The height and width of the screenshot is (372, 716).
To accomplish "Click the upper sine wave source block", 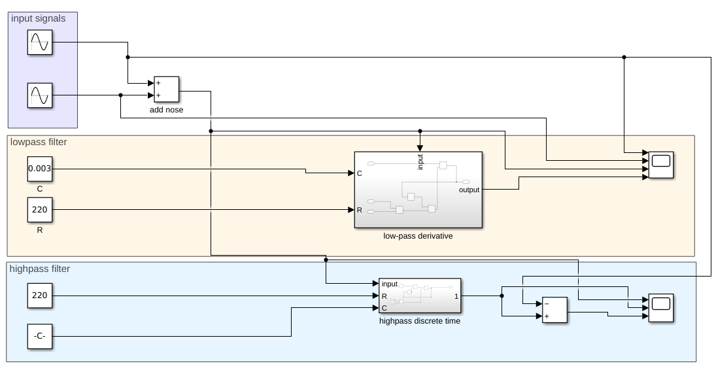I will pos(39,43).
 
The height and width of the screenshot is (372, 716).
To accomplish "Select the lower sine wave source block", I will pos(39,95).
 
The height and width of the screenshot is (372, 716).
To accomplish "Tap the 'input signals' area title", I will pos(39,18).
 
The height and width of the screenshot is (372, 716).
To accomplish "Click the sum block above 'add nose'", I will pos(165,90).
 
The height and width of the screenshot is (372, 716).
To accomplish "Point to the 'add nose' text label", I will pos(166,110).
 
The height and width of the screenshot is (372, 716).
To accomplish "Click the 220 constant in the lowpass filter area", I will pos(39,210).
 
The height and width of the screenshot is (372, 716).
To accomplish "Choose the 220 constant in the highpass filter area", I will pos(39,296).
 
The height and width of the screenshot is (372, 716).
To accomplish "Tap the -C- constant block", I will pos(39,337).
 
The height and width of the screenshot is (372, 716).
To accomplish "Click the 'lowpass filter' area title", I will pos(39,142).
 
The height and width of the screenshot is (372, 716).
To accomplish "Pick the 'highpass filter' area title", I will pos(40,268).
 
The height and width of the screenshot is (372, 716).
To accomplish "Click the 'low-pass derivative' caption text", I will pos(418,236).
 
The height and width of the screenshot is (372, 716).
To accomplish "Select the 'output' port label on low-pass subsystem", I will pos(468,190).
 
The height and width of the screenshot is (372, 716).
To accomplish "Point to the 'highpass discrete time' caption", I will pos(419,321).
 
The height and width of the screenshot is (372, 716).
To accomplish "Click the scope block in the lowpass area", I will pos(661,165).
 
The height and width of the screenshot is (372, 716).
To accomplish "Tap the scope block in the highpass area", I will pos(661,307).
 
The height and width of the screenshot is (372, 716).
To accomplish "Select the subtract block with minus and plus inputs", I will pos(554,310).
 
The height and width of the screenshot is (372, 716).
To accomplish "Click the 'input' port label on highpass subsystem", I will pos(390,284).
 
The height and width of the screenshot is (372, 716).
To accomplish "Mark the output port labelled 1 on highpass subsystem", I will pos(456,296).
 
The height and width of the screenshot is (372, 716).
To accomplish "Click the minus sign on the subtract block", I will pos(547,303).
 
